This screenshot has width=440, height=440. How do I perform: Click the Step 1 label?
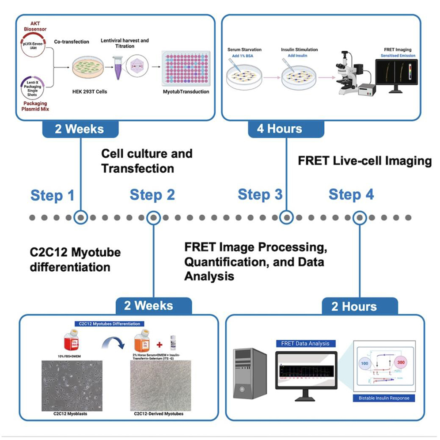(52, 195)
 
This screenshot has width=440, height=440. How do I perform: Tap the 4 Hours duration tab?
(280, 129)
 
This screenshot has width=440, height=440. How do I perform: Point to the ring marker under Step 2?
(153, 217)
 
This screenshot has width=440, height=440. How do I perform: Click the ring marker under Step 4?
(360, 217)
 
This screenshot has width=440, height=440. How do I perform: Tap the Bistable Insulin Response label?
(381, 398)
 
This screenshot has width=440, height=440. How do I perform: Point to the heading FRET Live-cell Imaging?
(364, 161)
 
